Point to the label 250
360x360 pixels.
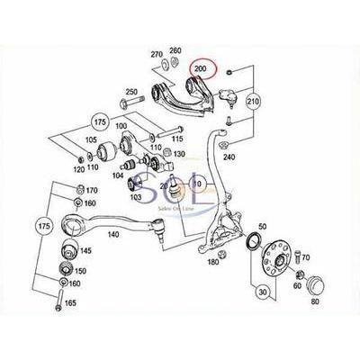(x=130, y=92)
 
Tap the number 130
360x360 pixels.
(x=179, y=155)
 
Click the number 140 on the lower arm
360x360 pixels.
(x=112, y=233)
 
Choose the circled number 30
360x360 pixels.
(x=263, y=292)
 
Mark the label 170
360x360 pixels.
(x=91, y=190)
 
